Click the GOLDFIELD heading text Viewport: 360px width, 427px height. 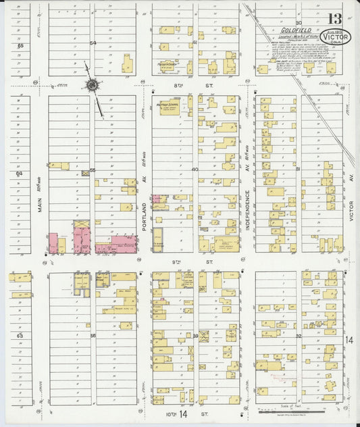[x=288, y=30]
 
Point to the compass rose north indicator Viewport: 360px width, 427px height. [x=91, y=85]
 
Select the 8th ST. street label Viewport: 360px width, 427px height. [x=197, y=86]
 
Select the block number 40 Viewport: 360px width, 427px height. [x=195, y=170]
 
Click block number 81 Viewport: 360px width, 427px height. [x=297, y=170]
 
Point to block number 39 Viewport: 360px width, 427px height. [x=195, y=335]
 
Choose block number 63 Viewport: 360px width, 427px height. [x=20, y=335]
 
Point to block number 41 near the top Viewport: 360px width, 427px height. [x=195, y=43]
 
